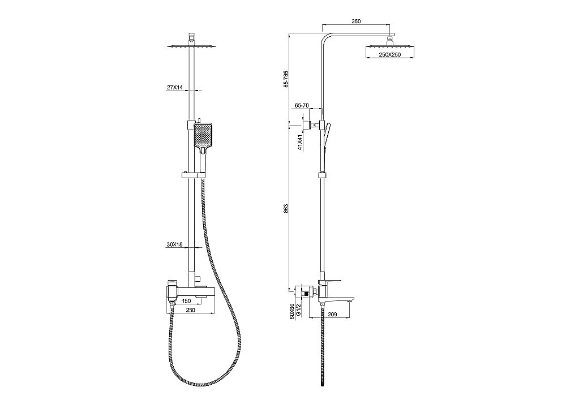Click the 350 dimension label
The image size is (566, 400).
click(356, 21)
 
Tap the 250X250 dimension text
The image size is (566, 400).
click(390, 54)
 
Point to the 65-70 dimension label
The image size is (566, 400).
click(302, 105)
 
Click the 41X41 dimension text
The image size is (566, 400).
click(300, 143)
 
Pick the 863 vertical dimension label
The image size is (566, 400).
click(285, 209)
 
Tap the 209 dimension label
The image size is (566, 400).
click(332, 315)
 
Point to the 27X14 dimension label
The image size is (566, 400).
click(175, 87)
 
